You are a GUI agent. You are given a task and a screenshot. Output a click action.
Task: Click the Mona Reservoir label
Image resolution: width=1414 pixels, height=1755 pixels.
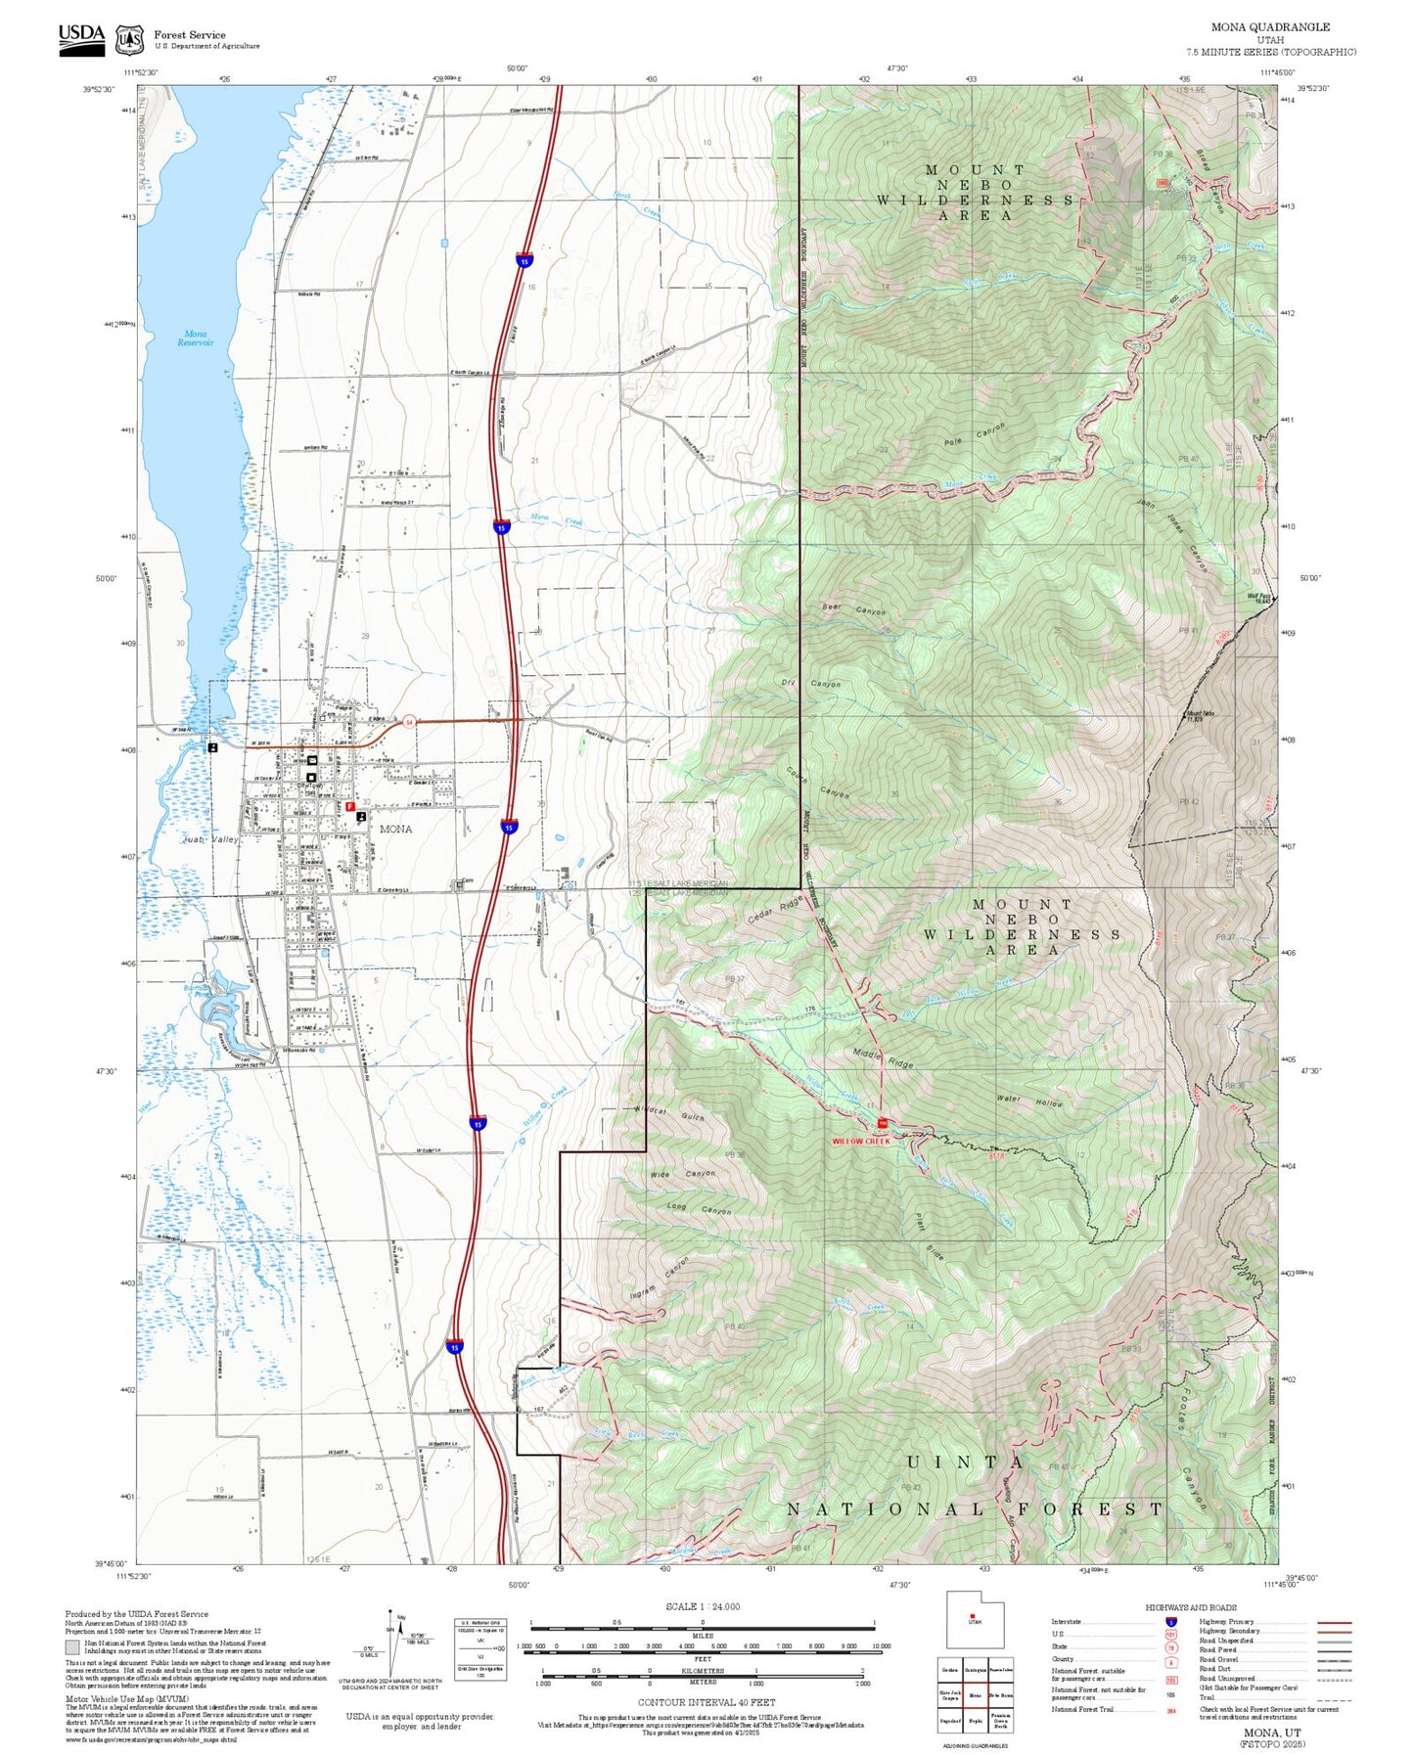coord(195,337)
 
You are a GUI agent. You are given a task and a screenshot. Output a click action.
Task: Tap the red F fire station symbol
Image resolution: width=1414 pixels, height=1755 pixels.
coord(350,807)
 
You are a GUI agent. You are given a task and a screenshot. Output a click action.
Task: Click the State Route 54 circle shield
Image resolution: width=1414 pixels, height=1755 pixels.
coord(409,722)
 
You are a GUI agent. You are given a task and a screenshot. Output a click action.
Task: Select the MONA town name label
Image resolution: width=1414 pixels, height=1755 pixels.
coord(395,829)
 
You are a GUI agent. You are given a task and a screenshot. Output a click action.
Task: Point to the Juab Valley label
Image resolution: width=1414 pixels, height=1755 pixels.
coord(211,839)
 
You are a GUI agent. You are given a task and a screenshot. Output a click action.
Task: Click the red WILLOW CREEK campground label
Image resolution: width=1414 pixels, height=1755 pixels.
coord(861,1141)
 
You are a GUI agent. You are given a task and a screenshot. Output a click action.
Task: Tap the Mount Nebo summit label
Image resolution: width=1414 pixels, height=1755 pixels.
coord(1201,714)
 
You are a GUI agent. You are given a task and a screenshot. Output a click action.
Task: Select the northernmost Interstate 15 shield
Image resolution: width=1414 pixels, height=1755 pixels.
coord(525,261)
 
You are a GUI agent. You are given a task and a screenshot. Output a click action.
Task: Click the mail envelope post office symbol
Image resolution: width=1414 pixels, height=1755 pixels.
coord(311,760)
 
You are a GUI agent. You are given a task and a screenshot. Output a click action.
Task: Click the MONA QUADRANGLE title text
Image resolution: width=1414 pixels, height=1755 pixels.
coord(1270,27)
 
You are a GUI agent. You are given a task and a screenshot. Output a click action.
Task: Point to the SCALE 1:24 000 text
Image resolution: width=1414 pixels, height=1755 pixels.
coord(702,1606)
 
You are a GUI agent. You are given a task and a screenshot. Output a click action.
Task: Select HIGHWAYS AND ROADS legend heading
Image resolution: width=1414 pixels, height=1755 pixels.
coord(1190,1607)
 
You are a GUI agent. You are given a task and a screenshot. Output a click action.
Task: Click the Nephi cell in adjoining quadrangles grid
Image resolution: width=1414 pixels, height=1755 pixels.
coord(975,1721)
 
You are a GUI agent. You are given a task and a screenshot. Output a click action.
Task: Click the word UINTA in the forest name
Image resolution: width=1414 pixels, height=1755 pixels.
coord(965,1462)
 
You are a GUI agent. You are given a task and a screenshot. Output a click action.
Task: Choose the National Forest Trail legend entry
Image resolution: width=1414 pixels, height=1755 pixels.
coord(1082,1710)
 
